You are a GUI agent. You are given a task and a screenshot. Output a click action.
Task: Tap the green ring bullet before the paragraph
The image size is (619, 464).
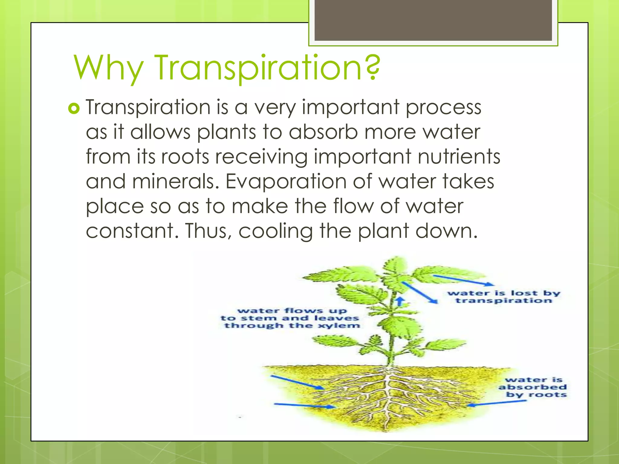(x=74, y=108)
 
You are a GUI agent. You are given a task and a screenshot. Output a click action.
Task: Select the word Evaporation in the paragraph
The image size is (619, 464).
(x=286, y=182)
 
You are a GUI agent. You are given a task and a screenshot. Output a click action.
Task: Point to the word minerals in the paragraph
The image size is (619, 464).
(x=175, y=182)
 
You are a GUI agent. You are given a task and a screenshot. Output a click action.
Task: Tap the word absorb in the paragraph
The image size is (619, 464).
(x=323, y=132)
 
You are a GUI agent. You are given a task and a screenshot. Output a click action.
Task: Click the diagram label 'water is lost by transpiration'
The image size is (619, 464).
(x=504, y=297)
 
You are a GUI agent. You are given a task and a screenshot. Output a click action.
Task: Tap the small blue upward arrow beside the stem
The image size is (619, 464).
(x=400, y=301)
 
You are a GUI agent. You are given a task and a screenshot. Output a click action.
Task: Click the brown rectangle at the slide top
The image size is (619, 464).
(x=433, y=20)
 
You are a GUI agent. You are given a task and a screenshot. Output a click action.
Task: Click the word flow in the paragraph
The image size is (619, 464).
(x=353, y=206)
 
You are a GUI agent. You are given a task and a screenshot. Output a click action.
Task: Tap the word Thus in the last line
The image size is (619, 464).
(x=209, y=231)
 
